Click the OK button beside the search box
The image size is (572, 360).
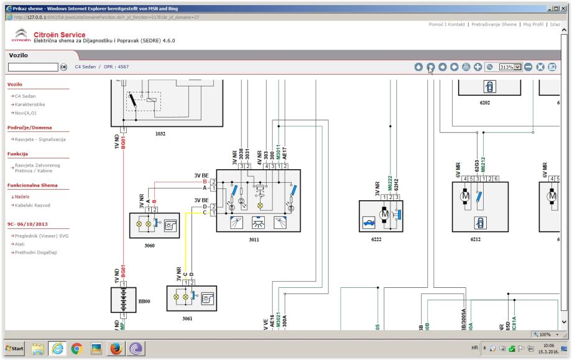pyautogui.click(x=63, y=67)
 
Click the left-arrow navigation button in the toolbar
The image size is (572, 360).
pyautogui.click(x=443, y=67)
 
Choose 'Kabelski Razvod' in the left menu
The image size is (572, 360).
pyautogui.click(x=30, y=205)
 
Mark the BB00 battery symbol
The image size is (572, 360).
pyautogui.click(x=126, y=300)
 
